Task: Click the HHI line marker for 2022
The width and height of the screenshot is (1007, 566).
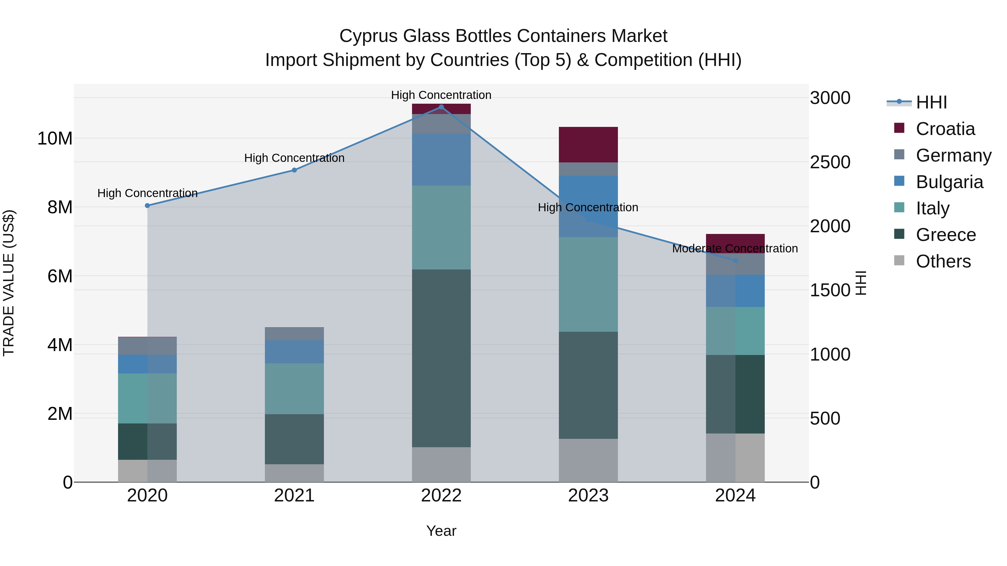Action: pos(441,107)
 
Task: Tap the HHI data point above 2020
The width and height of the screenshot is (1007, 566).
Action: pos(147,205)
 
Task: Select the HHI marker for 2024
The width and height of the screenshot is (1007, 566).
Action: pos(735,260)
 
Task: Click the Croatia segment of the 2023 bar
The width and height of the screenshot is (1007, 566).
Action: pos(588,145)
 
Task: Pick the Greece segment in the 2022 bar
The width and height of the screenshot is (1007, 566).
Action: pos(441,358)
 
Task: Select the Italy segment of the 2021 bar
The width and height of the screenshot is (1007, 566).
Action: pos(294,389)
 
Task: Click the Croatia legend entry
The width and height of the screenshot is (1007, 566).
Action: pos(945,129)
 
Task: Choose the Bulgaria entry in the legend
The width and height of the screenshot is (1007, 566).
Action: pos(949,182)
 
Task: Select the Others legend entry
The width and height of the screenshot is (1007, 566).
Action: pos(943,261)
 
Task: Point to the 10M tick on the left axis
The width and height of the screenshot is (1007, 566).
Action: pos(55,139)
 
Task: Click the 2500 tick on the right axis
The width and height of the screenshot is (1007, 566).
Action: pos(830,162)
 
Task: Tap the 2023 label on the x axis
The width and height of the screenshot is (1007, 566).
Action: pos(588,496)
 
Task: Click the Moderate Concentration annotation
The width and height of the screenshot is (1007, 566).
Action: pos(735,248)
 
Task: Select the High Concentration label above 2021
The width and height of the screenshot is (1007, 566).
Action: pos(294,158)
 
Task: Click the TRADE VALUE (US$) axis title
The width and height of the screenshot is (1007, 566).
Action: pos(9,283)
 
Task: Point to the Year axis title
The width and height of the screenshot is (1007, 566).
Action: pos(441,531)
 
